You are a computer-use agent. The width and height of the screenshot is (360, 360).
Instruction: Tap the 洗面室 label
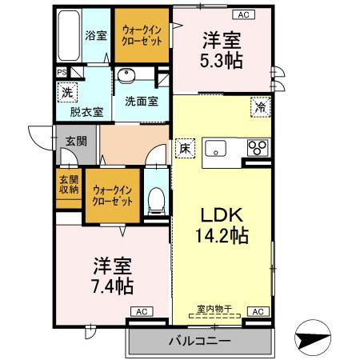tap(140, 102)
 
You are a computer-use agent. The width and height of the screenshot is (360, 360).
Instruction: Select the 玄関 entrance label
tap(76, 141)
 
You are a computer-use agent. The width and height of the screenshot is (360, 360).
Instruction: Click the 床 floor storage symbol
tap(183, 147)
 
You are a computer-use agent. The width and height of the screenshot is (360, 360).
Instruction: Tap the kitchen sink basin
tap(217, 147)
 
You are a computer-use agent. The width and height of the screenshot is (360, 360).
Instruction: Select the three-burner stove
tap(258, 147)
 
